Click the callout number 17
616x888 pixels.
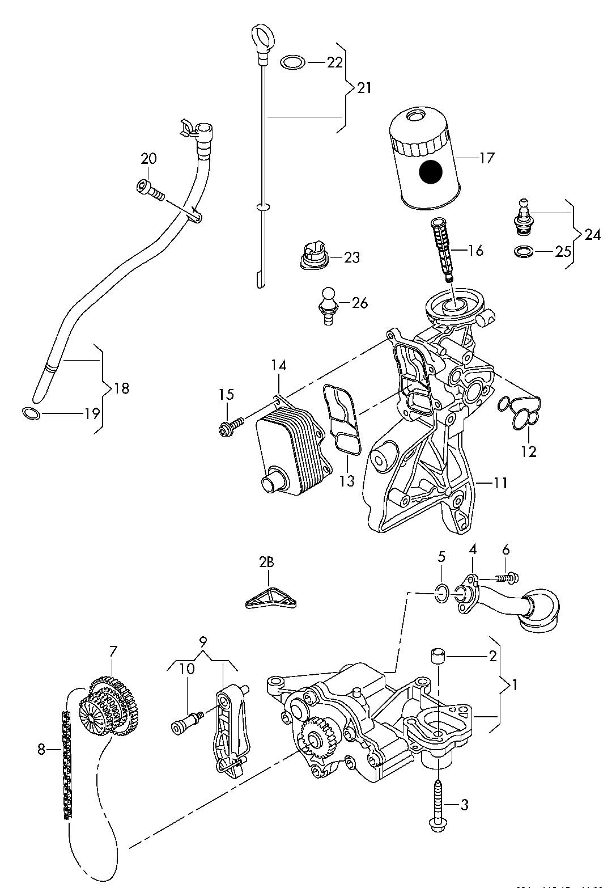[x=486, y=158]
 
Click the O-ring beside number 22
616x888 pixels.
[x=292, y=62]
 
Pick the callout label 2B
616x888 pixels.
[x=266, y=563]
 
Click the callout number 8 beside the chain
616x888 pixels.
[x=41, y=750]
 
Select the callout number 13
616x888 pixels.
[x=347, y=481]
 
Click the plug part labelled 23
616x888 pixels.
[x=313, y=257]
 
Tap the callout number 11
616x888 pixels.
[x=500, y=483]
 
